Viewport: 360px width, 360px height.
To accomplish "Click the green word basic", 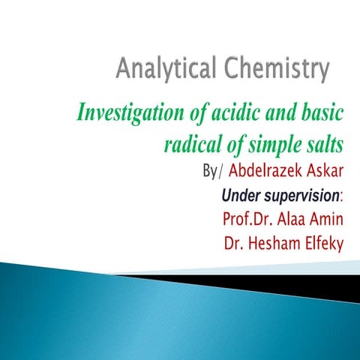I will coord(322,114).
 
